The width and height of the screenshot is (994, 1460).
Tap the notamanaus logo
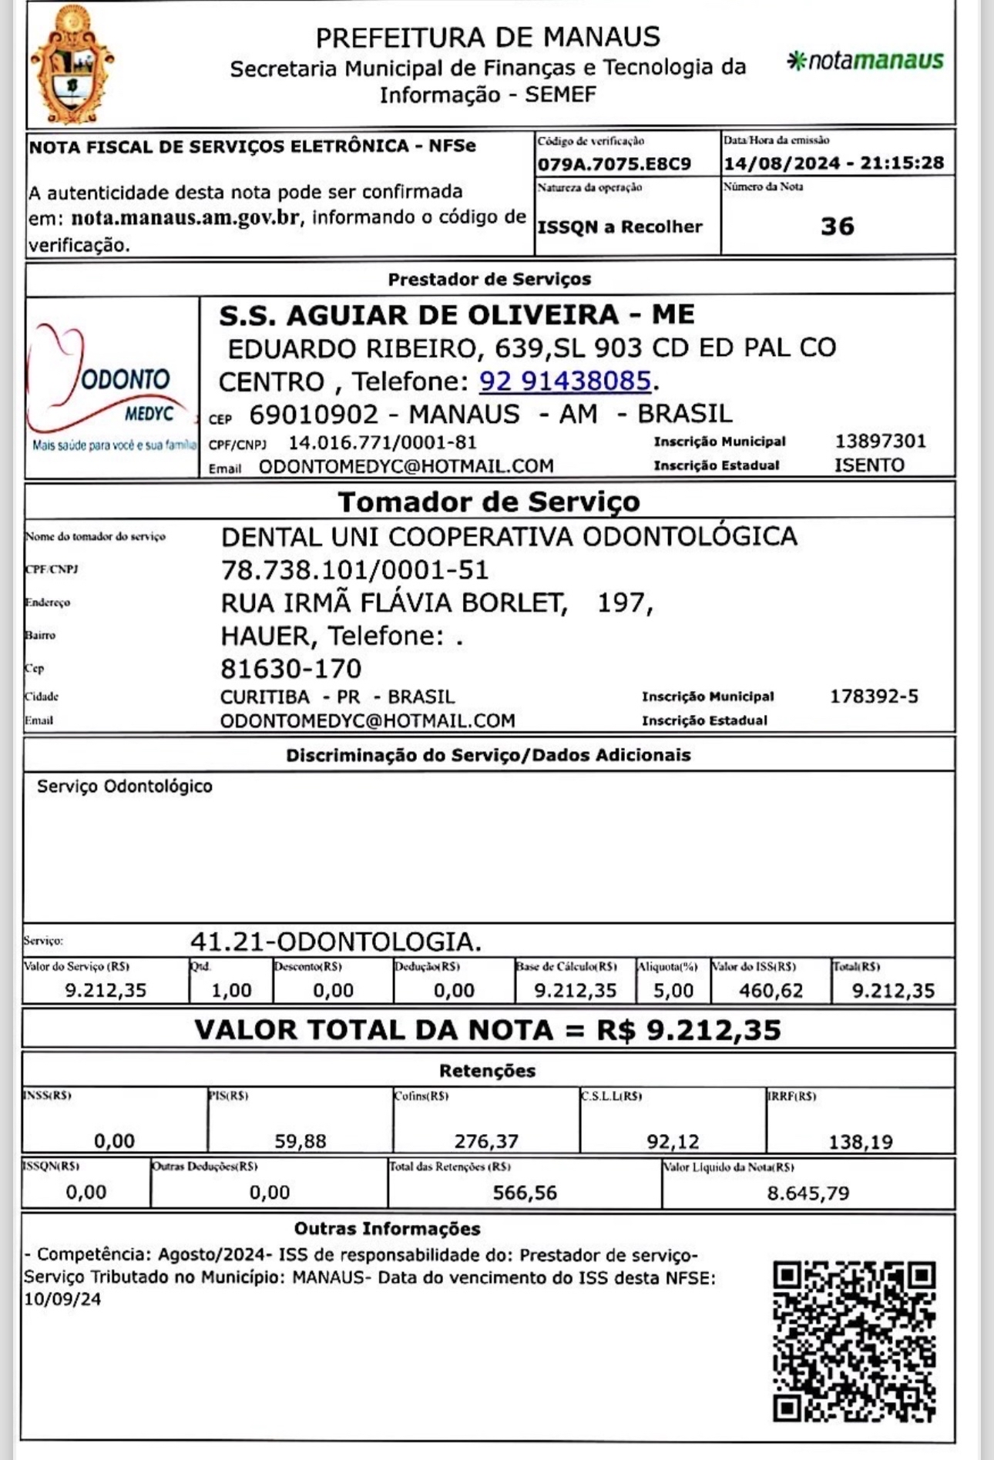(x=865, y=61)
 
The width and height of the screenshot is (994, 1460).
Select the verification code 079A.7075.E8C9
(x=614, y=163)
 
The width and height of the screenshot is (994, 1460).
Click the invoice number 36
(x=837, y=226)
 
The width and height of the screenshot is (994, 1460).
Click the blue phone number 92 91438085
(x=565, y=381)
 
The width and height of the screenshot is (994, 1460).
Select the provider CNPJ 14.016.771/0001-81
(x=382, y=442)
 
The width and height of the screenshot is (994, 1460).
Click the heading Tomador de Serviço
(x=489, y=502)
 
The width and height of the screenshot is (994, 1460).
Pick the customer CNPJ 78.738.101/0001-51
(x=354, y=569)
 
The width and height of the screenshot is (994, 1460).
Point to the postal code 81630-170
(x=290, y=668)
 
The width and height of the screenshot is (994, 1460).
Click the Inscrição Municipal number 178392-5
(x=874, y=696)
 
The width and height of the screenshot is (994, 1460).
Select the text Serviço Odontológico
(x=125, y=786)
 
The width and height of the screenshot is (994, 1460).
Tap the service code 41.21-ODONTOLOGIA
(x=335, y=941)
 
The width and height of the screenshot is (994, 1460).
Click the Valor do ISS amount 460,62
(x=771, y=990)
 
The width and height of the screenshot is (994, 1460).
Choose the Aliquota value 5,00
(x=673, y=990)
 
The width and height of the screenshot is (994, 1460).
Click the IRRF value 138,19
(x=860, y=1141)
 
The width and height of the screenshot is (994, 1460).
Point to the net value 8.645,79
(x=808, y=1193)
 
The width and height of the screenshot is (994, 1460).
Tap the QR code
(x=854, y=1341)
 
